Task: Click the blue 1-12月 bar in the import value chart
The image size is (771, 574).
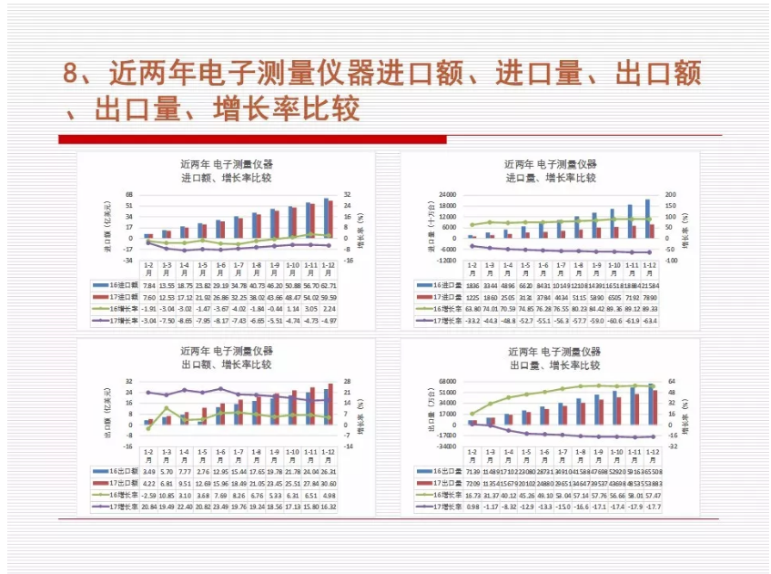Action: click(x=326, y=218)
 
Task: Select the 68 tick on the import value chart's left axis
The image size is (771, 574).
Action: click(x=128, y=194)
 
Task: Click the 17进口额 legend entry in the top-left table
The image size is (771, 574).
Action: click(x=117, y=297)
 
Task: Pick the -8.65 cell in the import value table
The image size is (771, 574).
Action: click(x=184, y=321)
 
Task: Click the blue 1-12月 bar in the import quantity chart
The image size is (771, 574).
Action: click(x=648, y=219)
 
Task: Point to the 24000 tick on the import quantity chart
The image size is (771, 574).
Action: click(x=445, y=194)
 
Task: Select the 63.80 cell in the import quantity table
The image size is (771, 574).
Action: click(x=472, y=309)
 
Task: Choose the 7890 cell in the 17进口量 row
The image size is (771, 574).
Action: click(x=650, y=297)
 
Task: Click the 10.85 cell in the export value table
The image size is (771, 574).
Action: click(x=166, y=495)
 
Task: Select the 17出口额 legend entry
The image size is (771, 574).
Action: click(x=117, y=483)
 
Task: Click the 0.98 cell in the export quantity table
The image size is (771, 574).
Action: click(x=472, y=507)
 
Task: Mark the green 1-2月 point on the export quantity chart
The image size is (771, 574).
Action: click(x=472, y=414)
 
